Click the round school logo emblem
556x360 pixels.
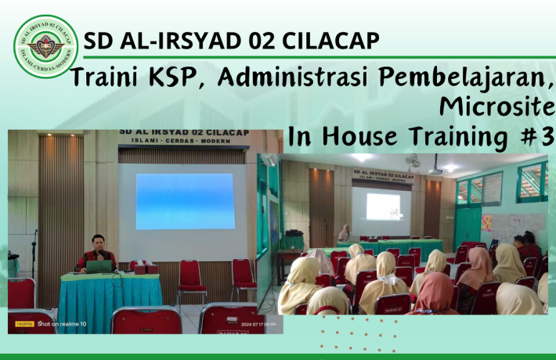45,46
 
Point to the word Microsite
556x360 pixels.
496,106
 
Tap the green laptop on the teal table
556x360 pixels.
99,266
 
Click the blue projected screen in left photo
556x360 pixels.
185,201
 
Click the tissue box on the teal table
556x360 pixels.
140,268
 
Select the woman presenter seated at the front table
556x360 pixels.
344,233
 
